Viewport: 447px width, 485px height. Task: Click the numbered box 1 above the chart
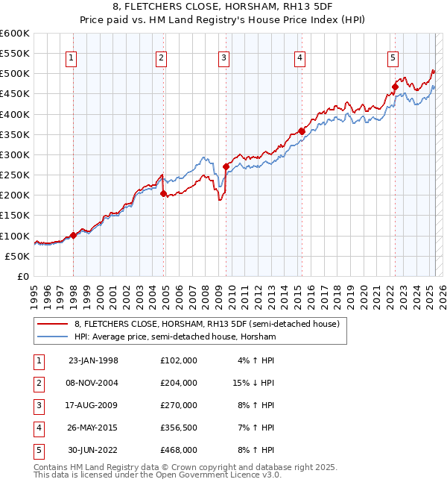(x=71, y=58)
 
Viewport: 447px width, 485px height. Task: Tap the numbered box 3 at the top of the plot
(x=223, y=58)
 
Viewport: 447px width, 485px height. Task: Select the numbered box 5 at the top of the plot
(x=393, y=58)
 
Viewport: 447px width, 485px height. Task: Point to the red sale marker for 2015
(x=302, y=131)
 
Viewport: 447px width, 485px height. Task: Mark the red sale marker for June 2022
(x=395, y=87)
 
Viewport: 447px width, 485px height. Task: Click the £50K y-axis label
(x=18, y=256)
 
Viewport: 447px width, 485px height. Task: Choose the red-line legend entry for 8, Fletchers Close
(x=206, y=324)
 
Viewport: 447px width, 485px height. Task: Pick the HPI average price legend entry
(x=175, y=337)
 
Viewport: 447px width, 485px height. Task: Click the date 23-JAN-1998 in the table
(x=93, y=360)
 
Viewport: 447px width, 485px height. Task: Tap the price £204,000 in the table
(x=178, y=383)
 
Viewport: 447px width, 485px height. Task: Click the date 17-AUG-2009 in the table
(x=93, y=405)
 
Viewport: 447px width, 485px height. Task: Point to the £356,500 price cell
(x=178, y=428)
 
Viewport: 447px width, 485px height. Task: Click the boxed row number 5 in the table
(x=38, y=450)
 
